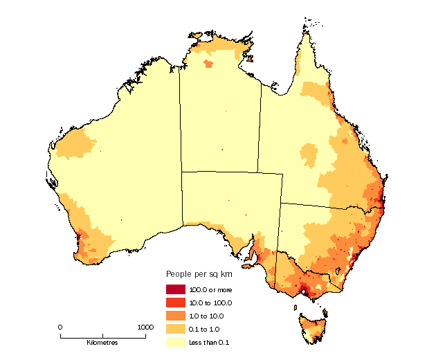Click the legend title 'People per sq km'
tap(198, 274)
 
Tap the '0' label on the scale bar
tap(60, 327)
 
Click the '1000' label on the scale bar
tap(145, 327)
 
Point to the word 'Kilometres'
tap(102, 343)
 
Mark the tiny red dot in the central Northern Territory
tap(222, 150)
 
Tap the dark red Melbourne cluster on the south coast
tap(305, 293)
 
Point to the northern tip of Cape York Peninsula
tap(304, 28)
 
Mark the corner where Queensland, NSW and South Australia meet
tap(282, 204)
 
